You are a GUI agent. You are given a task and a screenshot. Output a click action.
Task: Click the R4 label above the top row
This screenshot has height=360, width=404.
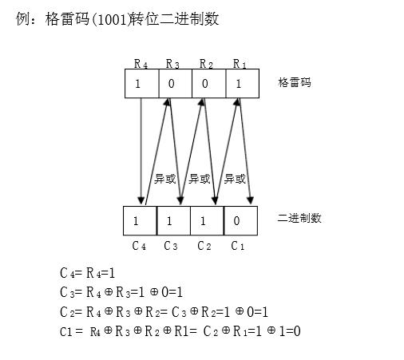point(141,64)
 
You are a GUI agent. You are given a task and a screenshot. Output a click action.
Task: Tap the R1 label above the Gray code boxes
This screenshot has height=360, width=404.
point(240,64)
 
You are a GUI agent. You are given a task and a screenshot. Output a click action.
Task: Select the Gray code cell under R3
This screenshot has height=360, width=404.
point(176,84)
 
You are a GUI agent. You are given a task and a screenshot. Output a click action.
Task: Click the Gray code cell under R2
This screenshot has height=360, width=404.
point(209,84)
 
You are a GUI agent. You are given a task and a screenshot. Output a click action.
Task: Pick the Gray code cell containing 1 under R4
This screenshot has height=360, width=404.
point(142,84)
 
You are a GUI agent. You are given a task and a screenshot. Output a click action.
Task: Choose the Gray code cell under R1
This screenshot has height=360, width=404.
point(243,84)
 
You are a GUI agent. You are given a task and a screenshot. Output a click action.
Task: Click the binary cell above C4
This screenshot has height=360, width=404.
point(140,220)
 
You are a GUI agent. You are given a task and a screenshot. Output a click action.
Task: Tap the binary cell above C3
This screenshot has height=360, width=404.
point(173,220)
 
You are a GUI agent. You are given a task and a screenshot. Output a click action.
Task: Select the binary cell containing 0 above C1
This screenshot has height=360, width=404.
point(241,220)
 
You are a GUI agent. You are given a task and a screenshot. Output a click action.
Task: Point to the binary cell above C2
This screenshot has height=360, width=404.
point(208,220)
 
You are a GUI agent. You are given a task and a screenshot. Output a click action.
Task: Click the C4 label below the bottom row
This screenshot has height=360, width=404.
point(139,246)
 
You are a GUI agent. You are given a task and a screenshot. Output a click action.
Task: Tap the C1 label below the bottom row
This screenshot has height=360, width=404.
point(238,246)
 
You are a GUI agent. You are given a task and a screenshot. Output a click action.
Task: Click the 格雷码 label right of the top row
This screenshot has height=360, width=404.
point(295,82)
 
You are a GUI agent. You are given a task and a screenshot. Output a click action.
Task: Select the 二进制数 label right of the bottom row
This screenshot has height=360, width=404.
point(299,218)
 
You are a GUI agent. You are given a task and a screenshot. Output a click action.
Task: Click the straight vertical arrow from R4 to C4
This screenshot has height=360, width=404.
point(141,151)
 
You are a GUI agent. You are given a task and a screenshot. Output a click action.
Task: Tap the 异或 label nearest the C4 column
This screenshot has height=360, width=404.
point(165,179)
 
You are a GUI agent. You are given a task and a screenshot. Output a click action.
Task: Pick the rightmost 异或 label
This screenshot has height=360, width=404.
point(235,179)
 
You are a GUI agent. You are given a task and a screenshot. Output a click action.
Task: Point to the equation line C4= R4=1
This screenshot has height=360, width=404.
point(88,273)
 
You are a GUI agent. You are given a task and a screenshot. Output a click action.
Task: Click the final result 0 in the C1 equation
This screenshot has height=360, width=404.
point(297,331)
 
